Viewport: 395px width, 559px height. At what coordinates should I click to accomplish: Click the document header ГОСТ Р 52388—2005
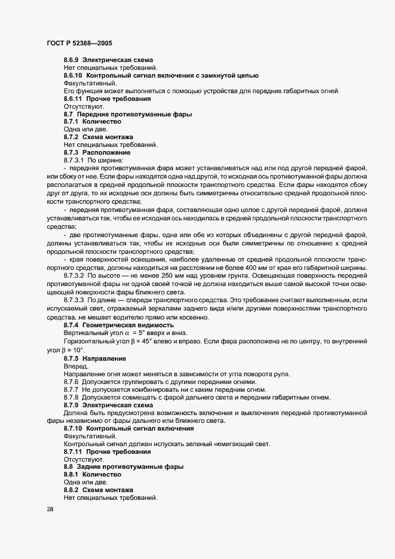coord(78,43)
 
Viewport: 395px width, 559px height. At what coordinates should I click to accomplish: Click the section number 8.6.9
coord(72,60)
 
